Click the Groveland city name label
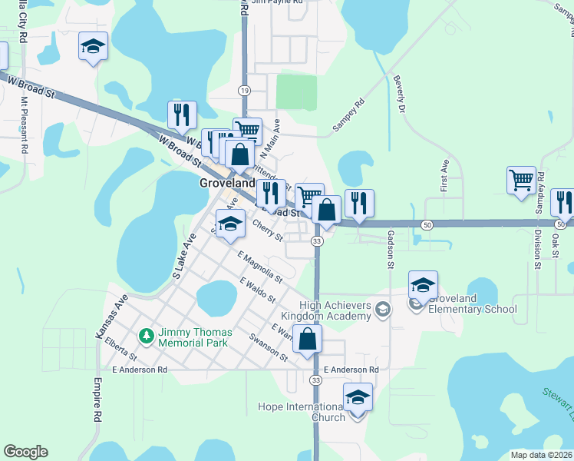click(x=226, y=184)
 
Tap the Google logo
click(x=25, y=452)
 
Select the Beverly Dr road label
click(x=398, y=95)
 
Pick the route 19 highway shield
click(x=244, y=91)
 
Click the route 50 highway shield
click(x=426, y=224)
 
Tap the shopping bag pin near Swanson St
click(x=307, y=339)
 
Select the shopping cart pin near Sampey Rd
click(x=521, y=181)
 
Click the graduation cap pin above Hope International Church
click(x=358, y=397)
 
